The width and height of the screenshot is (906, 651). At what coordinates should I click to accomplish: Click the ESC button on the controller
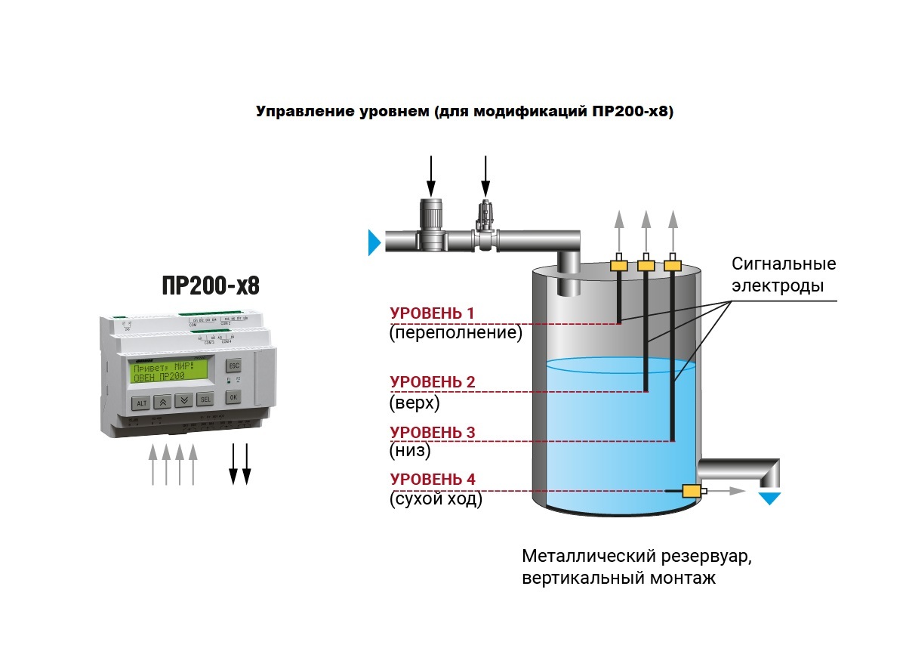click(233, 365)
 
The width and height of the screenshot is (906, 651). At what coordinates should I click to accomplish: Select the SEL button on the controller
click(205, 399)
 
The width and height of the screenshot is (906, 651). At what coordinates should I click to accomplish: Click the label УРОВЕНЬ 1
click(433, 313)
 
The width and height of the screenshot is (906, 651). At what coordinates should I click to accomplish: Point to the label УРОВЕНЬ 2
click(433, 382)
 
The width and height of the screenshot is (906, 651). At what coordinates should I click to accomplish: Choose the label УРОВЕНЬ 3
click(433, 432)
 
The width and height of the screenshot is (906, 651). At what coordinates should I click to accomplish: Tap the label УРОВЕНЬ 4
click(433, 479)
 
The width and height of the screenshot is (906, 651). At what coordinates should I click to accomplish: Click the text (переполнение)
click(456, 333)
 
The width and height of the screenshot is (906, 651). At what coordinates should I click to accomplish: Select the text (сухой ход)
click(436, 498)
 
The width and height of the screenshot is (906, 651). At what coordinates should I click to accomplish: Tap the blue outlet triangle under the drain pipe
click(771, 498)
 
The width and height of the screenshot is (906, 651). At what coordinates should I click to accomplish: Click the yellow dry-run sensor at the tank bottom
click(691, 491)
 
